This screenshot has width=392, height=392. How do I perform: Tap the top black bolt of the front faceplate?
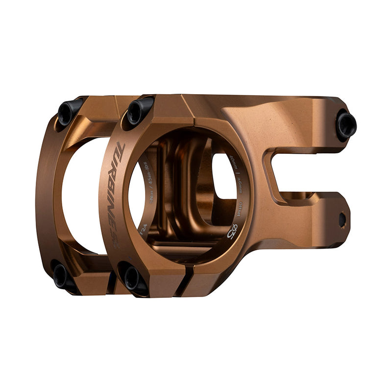(138, 110)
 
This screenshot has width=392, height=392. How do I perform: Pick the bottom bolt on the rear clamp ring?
(61, 275)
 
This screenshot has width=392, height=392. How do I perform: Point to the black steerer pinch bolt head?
(346, 124)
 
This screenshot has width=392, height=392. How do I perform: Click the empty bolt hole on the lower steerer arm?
(342, 219)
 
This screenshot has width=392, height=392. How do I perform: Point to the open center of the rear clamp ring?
(81, 196)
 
